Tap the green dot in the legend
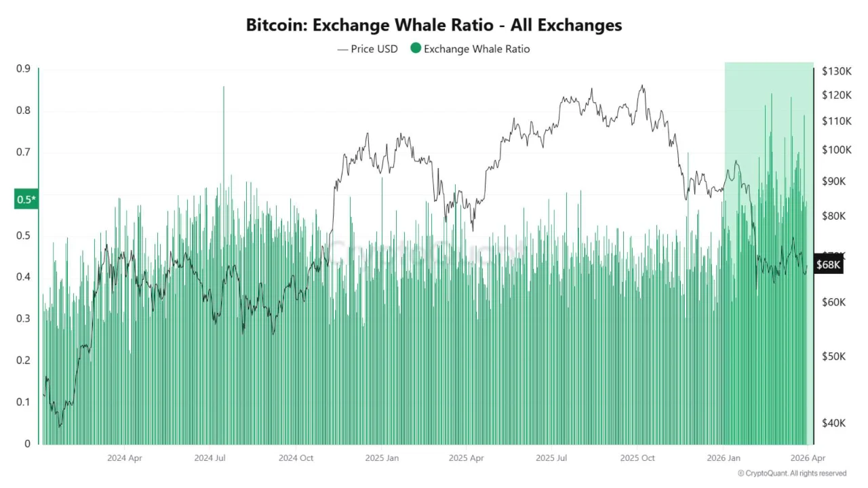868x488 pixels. point(415,48)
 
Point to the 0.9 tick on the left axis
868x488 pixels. point(23,68)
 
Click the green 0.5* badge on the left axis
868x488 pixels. point(26,199)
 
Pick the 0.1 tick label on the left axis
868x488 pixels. point(23,402)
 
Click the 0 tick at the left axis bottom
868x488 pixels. point(27,444)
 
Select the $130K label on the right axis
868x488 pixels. point(836,71)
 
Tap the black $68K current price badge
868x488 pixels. point(829,265)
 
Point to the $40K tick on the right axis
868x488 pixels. point(833,423)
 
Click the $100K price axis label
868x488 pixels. point(836,150)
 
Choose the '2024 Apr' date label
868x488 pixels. point(125,458)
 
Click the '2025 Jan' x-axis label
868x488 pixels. point(382,458)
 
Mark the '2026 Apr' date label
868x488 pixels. point(808,458)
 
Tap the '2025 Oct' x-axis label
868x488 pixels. point(637,458)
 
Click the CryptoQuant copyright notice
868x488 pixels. point(792,473)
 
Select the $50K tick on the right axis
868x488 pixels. point(833,357)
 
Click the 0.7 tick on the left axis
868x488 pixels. point(23,152)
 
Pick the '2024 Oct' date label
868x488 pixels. point(296,458)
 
